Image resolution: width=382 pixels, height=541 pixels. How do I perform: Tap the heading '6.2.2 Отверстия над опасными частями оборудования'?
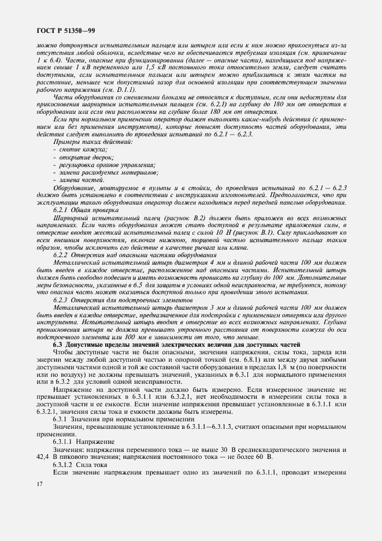click(x=127, y=254)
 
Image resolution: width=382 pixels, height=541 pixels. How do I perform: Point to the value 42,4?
click(x=43, y=457)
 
